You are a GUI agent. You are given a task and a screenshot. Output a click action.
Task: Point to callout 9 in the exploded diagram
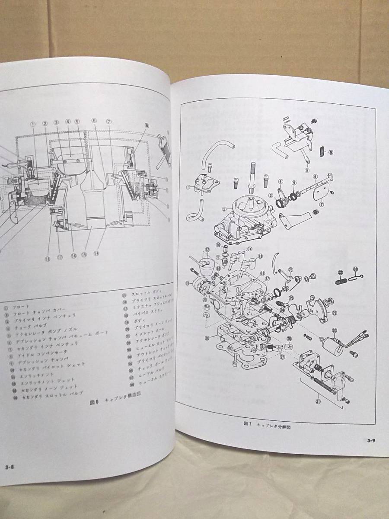click(x=331, y=152)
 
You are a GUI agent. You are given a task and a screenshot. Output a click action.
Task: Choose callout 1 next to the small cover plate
click(x=188, y=188)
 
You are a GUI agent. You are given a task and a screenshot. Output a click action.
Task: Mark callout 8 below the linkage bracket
click(x=306, y=170)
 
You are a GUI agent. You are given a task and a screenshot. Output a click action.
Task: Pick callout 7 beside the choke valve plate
click(x=322, y=205)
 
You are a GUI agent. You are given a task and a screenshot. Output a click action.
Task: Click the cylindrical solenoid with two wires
click(x=333, y=346)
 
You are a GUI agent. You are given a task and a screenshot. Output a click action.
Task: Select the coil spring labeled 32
click(x=342, y=282)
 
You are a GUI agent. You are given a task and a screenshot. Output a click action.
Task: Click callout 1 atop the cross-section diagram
click(x=32, y=123)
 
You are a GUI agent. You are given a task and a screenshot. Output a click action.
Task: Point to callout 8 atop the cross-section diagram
click(x=147, y=125)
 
